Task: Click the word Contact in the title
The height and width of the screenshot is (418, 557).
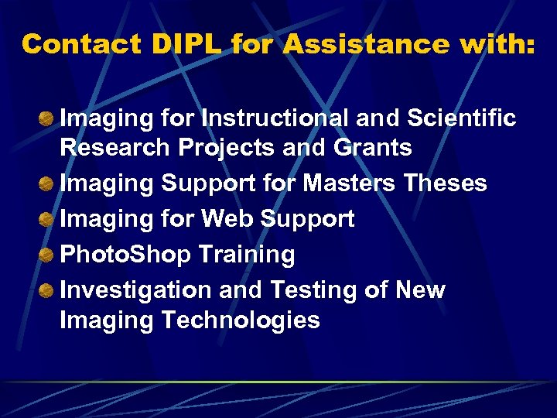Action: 81,44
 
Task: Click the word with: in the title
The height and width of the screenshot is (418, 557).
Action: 495,44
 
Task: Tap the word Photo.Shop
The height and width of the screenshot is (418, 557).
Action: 125,255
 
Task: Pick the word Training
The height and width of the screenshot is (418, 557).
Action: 247,255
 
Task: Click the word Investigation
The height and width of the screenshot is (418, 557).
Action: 136,290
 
